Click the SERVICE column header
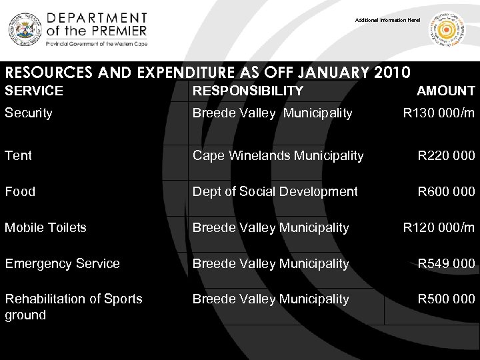pyautogui.click(x=34, y=91)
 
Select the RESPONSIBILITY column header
pyautogui.click(x=247, y=91)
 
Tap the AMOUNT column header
pyautogui.click(x=445, y=91)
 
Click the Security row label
pyautogui.click(x=29, y=113)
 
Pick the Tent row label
pyautogui.click(x=18, y=155)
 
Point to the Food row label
pyautogui.click(x=20, y=191)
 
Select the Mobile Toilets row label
pyautogui.click(x=45, y=227)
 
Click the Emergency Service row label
pyautogui.click(x=62, y=263)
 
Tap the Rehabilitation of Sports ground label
pyautogui.click(x=73, y=306)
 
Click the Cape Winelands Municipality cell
pyautogui.click(x=278, y=155)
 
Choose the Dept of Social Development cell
pyautogui.click(x=275, y=191)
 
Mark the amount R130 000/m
pyautogui.click(x=439, y=113)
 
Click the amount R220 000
pyautogui.click(x=446, y=155)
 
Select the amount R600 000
pyautogui.click(x=446, y=191)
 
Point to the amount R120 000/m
pyautogui.click(x=439, y=227)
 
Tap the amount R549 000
pyautogui.click(x=446, y=263)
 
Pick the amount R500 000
pyautogui.click(x=446, y=299)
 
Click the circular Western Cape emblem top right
pyautogui.click(x=447, y=30)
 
